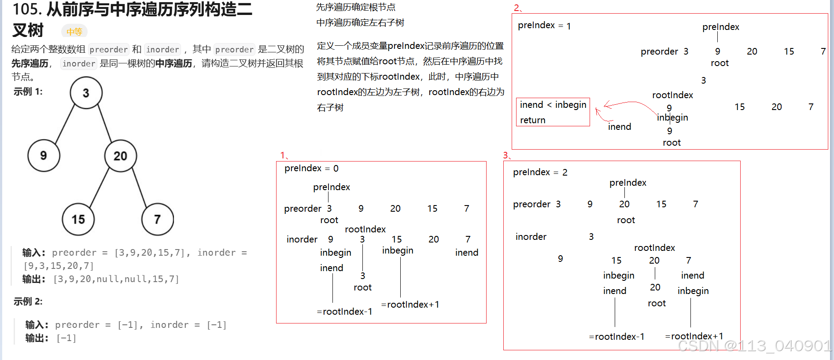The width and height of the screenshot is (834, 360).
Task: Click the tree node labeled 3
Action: (86, 93)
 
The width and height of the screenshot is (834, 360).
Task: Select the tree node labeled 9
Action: (44, 155)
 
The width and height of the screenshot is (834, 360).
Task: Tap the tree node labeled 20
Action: (120, 156)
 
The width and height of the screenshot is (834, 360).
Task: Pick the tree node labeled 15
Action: (78, 219)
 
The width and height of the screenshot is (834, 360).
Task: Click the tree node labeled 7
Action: (157, 219)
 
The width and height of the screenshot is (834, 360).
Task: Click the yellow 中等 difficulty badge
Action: (74, 32)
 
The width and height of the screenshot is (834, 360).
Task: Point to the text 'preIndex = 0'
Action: (311, 168)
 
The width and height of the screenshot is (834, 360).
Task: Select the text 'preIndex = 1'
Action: (544, 26)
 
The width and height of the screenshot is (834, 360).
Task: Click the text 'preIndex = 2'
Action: (540, 172)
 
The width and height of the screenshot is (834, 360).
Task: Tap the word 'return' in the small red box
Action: (532, 120)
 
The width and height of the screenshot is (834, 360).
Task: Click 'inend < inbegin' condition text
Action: (553, 105)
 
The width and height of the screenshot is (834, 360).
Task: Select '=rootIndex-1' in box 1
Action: (344, 312)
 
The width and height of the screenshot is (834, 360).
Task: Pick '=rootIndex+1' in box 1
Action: (410, 305)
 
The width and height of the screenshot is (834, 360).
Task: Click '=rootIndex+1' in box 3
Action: (694, 336)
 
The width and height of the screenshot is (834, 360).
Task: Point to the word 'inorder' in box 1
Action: (302, 239)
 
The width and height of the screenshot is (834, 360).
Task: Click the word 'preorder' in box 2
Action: (659, 51)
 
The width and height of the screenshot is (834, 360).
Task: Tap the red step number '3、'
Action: (507, 155)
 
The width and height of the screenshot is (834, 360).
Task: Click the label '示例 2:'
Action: (28, 301)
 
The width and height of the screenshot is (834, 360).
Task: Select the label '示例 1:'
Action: (28, 92)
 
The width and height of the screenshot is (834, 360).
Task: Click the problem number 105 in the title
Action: (26, 9)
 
